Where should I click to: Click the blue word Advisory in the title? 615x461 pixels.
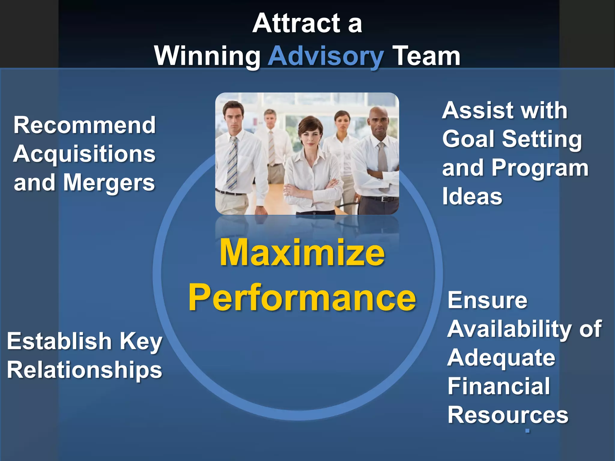tap(326, 56)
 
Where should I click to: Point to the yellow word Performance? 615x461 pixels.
tap(302, 297)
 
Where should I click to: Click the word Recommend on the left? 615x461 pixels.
tap(85, 125)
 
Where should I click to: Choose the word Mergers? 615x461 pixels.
tap(109, 183)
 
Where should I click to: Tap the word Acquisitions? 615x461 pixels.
tap(85, 154)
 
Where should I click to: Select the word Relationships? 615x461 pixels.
tap(85, 370)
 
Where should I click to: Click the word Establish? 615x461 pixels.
tap(59, 341)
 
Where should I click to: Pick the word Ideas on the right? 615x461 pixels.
tap(472, 197)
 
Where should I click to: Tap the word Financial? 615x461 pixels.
tap(499, 386)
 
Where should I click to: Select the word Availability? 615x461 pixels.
tap(510, 329)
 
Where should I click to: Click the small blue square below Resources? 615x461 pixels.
tap(527, 431)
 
